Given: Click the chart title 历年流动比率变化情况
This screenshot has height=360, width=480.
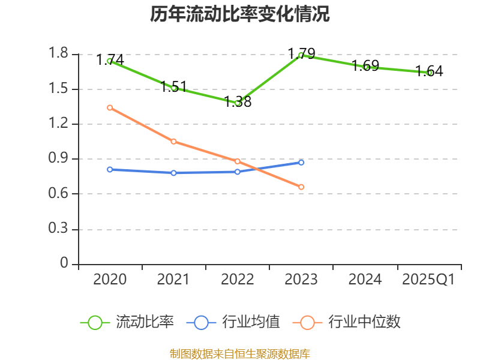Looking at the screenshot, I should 240,14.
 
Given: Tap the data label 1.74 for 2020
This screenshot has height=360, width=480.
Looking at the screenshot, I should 110,59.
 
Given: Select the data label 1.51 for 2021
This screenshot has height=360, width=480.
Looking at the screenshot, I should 174,86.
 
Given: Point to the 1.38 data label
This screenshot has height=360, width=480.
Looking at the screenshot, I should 238,101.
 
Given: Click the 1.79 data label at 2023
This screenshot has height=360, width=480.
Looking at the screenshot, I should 301,53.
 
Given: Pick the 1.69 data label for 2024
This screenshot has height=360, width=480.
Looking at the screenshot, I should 365,65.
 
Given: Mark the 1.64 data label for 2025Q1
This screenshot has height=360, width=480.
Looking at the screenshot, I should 429,71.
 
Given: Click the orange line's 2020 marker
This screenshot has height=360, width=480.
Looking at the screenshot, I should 110,107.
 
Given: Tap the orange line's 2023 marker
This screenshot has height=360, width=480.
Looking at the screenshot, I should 301,187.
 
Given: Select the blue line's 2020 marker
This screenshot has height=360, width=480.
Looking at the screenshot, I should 110,169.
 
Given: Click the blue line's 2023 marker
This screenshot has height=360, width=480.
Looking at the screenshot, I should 301,162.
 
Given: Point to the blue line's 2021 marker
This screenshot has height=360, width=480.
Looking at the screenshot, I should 173,173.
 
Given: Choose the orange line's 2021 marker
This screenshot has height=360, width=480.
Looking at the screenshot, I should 173,142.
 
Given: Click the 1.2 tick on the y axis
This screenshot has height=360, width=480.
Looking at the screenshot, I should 59,124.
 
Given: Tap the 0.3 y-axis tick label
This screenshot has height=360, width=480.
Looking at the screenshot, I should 59,229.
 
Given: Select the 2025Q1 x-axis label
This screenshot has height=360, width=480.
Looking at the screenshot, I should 428,280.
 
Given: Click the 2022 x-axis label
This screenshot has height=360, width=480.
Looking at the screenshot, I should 238,280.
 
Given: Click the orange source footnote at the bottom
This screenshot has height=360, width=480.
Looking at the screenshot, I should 240,353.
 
